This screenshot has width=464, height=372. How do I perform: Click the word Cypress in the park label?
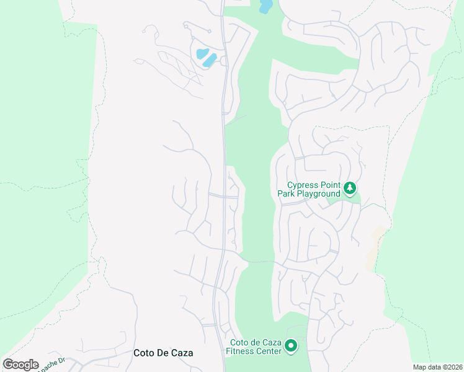302,185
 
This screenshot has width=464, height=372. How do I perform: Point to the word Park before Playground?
285,194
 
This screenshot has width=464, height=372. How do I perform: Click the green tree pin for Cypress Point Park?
350,187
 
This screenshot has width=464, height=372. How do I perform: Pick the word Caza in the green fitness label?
272,342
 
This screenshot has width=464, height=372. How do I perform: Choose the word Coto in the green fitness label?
240,342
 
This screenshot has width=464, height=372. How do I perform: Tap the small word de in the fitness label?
256,342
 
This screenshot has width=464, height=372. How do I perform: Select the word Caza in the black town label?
181,353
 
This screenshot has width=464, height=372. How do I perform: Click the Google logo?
20,365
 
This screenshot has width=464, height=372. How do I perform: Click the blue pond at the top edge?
265,6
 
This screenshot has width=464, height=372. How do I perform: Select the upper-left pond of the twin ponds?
202,53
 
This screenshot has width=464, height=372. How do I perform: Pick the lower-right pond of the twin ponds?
210,60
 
